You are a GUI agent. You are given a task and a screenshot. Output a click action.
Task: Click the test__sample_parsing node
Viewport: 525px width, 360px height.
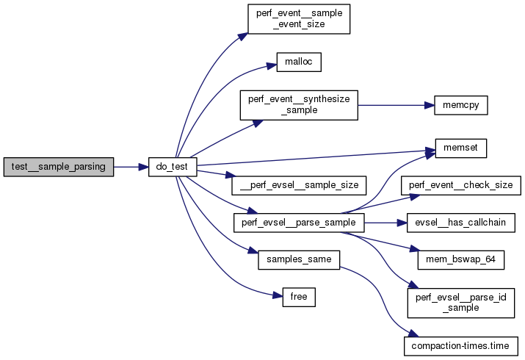click(59, 167)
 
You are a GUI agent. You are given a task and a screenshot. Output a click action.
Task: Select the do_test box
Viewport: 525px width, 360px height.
click(173, 167)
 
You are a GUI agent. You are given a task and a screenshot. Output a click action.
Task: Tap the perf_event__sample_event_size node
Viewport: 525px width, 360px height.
click(298, 18)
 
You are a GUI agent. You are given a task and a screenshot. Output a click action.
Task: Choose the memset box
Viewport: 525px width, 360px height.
click(461, 148)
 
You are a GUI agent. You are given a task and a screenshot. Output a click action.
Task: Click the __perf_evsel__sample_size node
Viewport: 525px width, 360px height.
click(298, 186)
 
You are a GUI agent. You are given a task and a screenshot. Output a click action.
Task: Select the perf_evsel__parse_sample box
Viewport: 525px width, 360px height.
click(298, 222)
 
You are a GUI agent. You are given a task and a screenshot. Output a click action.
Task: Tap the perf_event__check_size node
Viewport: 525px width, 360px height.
click(461, 184)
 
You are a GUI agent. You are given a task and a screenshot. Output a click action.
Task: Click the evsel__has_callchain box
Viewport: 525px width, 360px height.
click(461, 222)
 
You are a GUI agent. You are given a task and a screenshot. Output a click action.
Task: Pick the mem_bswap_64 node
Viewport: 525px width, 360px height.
click(461, 259)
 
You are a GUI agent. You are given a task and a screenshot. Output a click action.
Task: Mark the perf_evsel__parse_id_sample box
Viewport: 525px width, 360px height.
click(461, 302)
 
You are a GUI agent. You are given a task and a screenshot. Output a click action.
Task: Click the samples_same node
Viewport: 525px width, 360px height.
click(298, 259)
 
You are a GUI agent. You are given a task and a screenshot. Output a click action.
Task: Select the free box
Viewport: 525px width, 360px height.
click(298, 297)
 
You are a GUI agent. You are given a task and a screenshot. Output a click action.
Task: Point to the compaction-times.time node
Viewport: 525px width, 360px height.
click(461, 345)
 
